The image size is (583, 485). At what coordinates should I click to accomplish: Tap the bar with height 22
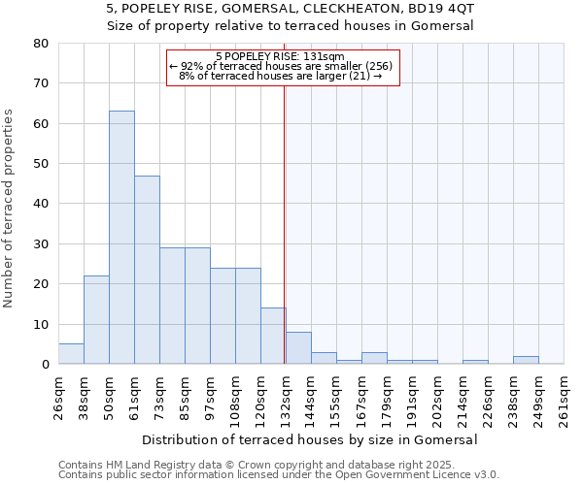pos(96,320)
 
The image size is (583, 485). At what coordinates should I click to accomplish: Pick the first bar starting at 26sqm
pos(71,354)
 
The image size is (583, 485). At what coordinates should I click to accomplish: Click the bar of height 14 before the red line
pos(273,336)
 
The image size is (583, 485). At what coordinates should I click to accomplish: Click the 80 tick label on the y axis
pos(41,44)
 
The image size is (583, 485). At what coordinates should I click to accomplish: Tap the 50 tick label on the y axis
pos(41,164)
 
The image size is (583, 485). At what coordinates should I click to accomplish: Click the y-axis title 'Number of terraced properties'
pos(10,208)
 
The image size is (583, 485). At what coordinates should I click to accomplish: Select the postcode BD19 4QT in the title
pos(444,8)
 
